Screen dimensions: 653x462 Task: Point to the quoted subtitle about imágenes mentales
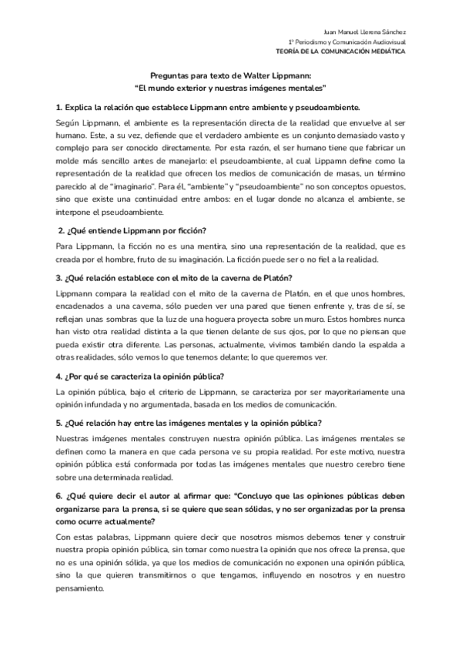[x=230, y=88]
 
